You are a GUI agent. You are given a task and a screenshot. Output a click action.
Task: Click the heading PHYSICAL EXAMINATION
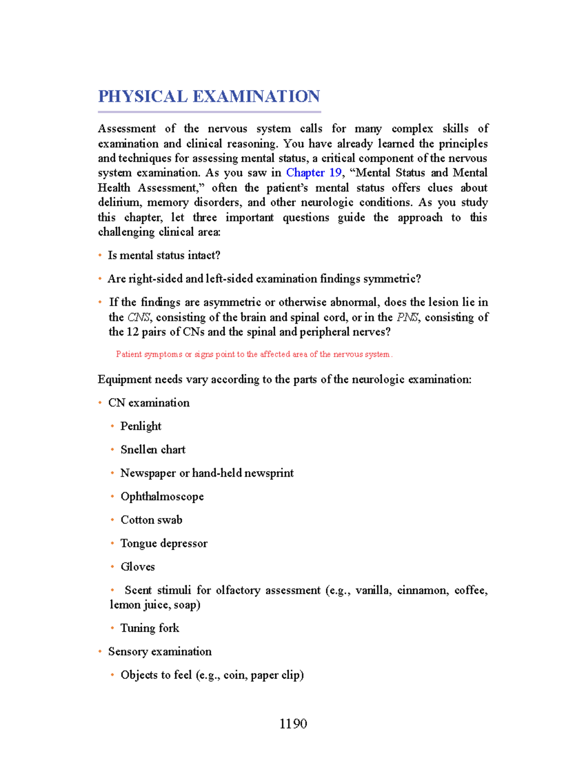(x=209, y=96)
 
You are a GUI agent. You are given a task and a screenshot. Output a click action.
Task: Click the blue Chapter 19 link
(x=314, y=173)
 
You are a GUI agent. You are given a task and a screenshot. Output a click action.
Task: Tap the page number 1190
(x=293, y=723)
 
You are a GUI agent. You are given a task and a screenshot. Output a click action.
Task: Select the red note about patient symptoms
(x=254, y=354)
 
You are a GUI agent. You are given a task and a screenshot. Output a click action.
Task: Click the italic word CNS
(x=139, y=317)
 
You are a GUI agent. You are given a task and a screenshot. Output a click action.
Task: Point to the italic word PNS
(x=407, y=317)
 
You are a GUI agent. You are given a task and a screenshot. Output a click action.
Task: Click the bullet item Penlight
(x=141, y=426)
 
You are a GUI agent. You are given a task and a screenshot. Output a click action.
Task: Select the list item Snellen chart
(x=153, y=450)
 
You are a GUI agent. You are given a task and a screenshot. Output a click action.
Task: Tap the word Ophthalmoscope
(x=162, y=496)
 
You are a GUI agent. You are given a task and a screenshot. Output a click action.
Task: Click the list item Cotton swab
(x=151, y=520)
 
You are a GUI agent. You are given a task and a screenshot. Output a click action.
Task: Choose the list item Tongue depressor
(x=164, y=543)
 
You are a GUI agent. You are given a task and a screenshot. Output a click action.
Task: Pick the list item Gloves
(x=138, y=567)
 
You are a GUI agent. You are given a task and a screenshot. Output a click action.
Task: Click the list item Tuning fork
(x=149, y=628)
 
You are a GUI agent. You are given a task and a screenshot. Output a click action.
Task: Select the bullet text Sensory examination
(x=160, y=652)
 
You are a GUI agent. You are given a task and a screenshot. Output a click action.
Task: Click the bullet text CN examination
(x=149, y=403)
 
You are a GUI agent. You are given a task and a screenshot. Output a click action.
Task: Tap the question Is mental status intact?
(x=164, y=255)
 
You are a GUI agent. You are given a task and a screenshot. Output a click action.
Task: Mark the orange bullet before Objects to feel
(x=112, y=675)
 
